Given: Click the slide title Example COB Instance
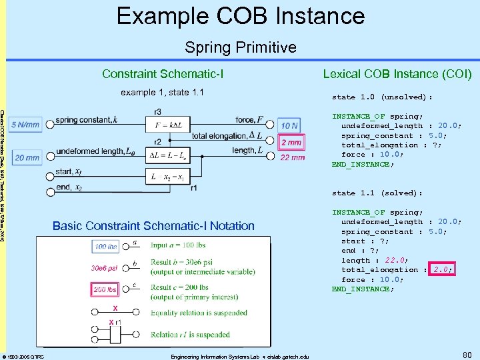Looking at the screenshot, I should pyautogui.click(x=240, y=16).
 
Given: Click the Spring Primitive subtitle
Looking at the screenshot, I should pyautogui.click(x=240, y=47).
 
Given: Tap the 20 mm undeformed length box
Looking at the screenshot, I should pyautogui.click(x=26, y=158).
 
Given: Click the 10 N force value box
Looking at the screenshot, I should pyautogui.click(x=289, y=125).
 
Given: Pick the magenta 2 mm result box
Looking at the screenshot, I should pyautogui.click(x=291, y=143).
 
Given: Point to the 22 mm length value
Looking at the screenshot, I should pyautogui.click(x=293, y=157).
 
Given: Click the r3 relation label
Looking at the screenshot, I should pyautogui.click(x=157, y=111).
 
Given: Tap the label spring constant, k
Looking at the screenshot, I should pyautogui.click(x=87, y=120).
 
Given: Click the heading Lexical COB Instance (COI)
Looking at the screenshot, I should pyautogui.click(x=397, y=73).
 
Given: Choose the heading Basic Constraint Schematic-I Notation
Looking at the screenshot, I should pyautogui.click(x=153, y=225).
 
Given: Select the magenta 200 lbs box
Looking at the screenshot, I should pyautogui.click(x=105, y=289).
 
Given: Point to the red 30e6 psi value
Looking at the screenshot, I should pyautogui.click(x=105, y=268).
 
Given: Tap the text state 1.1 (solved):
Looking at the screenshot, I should pyautogui.click(x=377, y=193).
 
